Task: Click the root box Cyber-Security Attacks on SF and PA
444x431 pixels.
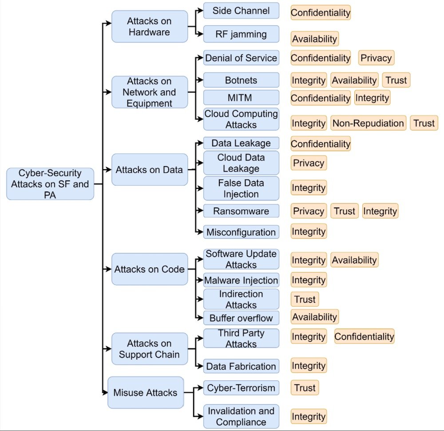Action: [50, 184]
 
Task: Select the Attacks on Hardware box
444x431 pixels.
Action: [149, 27]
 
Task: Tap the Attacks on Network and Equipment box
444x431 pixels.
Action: [149, 92]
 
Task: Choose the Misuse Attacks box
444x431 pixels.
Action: [146, 392]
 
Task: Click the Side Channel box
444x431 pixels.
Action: [241, 11]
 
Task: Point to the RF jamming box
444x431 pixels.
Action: [241, 34]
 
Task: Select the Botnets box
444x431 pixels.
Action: [241, 80]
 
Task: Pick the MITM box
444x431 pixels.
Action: [241, 97]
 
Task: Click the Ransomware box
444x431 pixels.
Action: [241, 211]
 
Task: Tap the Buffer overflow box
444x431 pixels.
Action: [241, 318]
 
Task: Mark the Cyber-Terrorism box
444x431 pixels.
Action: [241, 387]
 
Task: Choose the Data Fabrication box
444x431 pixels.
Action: [241, 367]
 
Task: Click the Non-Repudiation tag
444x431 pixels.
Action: [368, 123]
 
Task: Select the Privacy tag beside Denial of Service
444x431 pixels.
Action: [376, 58]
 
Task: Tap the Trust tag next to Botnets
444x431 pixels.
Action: [396, 80]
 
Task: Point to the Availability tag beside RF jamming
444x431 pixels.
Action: [314, 39]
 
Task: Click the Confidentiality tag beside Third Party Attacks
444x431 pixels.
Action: [364, 337]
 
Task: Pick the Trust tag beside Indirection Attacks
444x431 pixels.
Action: [305, 299]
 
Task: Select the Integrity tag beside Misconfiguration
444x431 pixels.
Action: [309, 231]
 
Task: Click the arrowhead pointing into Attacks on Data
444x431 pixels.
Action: [109, 169]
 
